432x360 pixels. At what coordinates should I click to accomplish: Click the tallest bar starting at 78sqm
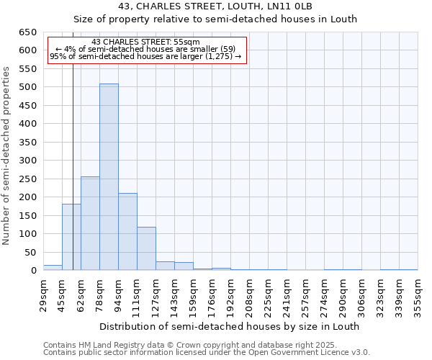point(109,177)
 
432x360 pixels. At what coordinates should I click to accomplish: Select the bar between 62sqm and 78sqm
point(90,223)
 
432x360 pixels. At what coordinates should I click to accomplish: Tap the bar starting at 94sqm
point(127,232)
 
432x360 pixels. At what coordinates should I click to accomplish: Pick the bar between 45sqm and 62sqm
point(71,237)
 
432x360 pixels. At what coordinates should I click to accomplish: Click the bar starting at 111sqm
point(146,249)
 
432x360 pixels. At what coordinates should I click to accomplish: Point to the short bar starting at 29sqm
point(53,268)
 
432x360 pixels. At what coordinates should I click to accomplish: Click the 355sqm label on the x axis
point(418,295)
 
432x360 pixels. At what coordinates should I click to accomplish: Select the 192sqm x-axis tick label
point(230,295)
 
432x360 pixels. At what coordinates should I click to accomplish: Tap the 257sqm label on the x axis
point(305,295)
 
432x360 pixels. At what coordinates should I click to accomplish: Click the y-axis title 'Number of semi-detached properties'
point(7,156)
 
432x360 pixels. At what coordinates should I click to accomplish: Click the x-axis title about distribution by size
point(230,326)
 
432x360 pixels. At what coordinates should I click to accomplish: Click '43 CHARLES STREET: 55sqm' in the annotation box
point(146,42)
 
